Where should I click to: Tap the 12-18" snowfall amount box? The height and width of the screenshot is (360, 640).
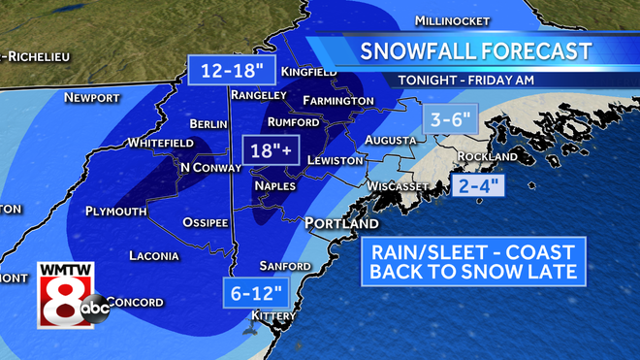click(233, 70)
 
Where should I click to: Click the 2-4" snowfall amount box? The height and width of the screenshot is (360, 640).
click(479, 183)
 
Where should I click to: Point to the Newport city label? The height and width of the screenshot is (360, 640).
click(91, 98)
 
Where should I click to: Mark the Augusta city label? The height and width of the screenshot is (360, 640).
click(391, 141)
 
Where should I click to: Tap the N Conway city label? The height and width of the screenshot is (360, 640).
click(210, 168)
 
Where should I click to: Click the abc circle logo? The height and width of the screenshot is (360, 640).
click(96, 308)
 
